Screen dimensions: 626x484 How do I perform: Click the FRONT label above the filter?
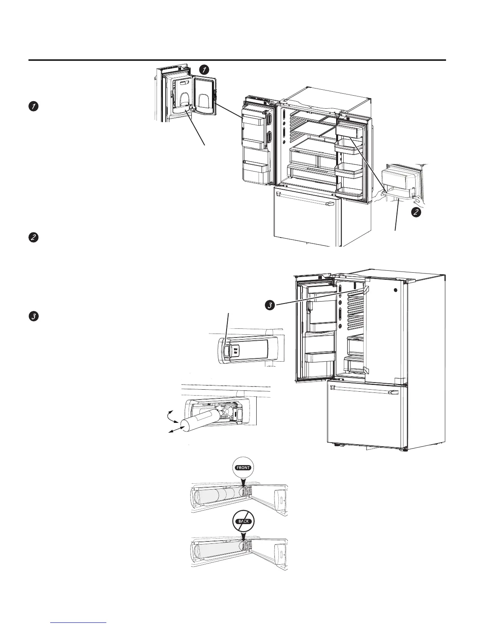coord(243,468)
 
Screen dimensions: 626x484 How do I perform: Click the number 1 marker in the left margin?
coord(34,106)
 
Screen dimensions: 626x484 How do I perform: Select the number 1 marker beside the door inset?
coord(204,70)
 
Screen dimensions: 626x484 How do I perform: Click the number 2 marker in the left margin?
coord(34,238)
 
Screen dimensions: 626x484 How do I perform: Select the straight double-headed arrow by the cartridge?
coord(173,431)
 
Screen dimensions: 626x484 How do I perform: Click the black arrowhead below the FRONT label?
coord(243,480)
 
